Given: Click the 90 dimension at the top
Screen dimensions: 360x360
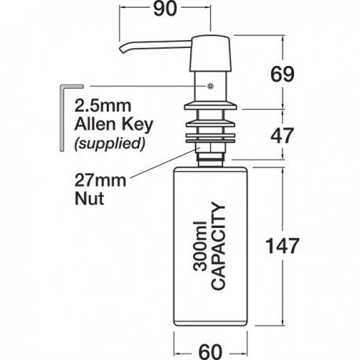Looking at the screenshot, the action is tap(165, 9).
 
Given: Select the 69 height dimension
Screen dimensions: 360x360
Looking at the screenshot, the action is tap(282, 74).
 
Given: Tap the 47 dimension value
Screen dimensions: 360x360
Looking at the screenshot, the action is tap(282, 136).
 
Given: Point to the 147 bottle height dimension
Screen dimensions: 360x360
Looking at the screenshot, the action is tap(282, 246).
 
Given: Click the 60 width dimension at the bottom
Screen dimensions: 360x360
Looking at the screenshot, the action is tap(211, 351).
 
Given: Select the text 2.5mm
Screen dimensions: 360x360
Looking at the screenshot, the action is tap(103, 106).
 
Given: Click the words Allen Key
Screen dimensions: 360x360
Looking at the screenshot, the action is tap(114, 124).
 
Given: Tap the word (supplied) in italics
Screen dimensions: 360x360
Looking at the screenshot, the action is tap(110, 143).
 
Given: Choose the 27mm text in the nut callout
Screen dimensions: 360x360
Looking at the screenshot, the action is tap(101, 181).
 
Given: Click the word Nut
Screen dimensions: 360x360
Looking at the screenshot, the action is tap(89, 199).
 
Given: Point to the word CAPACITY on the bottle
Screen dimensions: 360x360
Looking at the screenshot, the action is tap(218, 246).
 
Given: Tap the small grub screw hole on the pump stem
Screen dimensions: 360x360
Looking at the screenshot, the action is tap(210, 86).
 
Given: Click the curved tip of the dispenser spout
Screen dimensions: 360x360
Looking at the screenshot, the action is tap(123, 50).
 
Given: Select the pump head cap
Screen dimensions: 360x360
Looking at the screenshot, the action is tap(211, 53).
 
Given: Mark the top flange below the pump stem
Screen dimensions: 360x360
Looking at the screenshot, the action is tap(211, 106).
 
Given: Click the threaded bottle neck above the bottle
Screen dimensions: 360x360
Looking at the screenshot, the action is tap(211, 160).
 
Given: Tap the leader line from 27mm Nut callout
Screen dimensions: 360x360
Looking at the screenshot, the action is tap(165, 163).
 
